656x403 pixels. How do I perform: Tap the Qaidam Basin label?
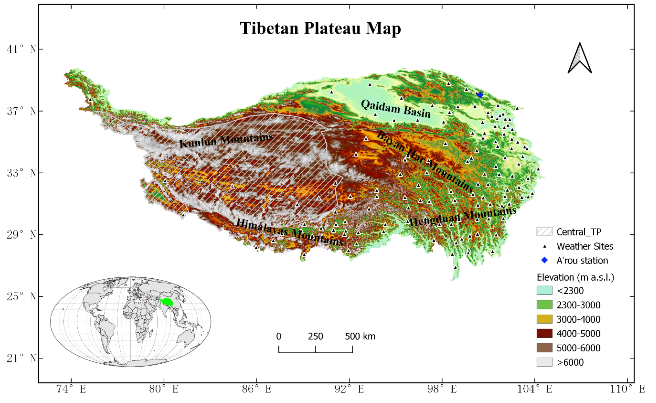tap(396, 109)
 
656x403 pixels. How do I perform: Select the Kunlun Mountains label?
tap(226, 141)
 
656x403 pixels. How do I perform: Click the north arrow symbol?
tap(580, 59)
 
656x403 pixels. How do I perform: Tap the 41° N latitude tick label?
tap(21, 49)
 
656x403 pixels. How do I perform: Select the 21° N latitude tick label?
tap(21, 358)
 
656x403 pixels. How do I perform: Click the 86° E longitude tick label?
tap(257, 389)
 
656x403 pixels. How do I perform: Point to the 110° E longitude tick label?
tap(627, 389)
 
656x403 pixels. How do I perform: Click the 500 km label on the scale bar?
tap(360, 336)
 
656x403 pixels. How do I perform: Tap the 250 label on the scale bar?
tap(316, 336)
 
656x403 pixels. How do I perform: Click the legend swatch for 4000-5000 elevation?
tap(544, 333)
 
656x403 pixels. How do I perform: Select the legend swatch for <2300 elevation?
tap(544, 291)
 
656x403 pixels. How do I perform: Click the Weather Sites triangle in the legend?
tap(545, 246)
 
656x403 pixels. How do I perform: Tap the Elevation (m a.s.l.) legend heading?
tap(575, 278)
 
